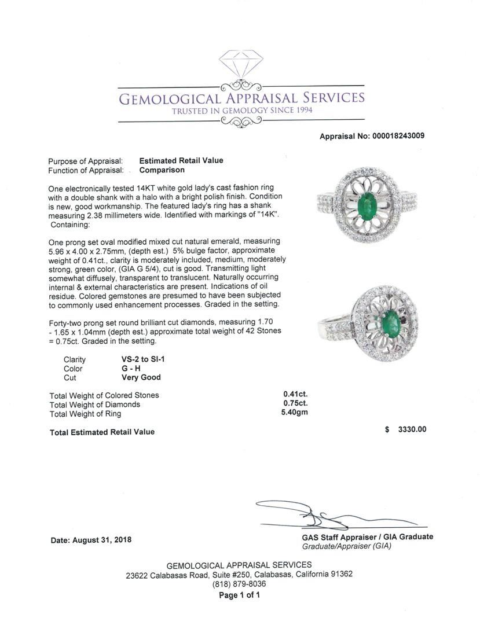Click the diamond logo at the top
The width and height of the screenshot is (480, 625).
coord(241,63)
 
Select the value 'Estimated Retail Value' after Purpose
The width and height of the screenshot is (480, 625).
coord(181,161)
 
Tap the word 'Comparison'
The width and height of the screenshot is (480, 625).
coord(162,170)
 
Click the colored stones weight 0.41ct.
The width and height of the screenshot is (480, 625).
coord(295,395)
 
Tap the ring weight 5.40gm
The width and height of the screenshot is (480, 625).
coord(295,413)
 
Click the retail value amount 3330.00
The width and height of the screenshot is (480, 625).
coord(412,429)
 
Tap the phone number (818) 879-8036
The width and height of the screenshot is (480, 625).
coord(239,584)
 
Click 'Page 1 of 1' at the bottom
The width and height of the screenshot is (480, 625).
coord(239,595)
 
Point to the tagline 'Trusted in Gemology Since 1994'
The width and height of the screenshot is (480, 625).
coord(241,111)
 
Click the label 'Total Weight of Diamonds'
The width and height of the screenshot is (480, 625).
coord(95,405)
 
